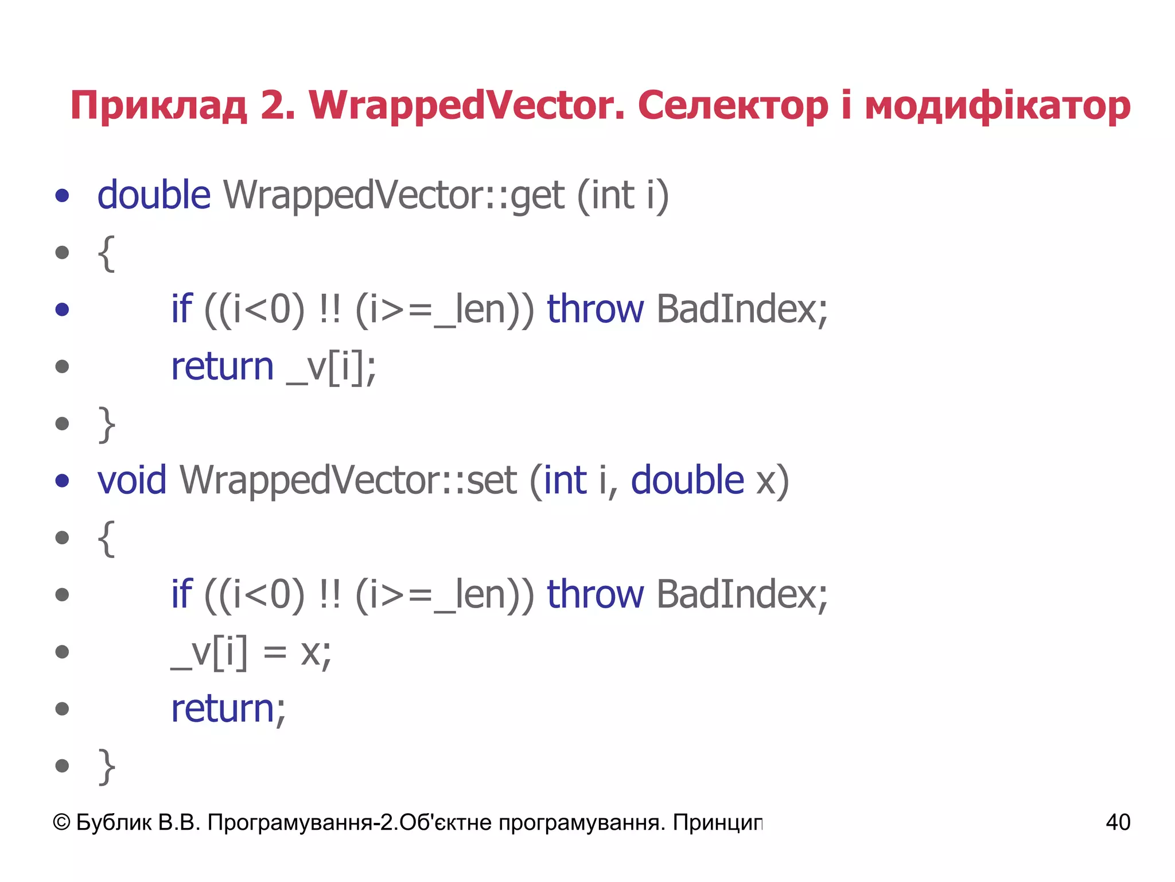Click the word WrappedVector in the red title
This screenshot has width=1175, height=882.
click(x=466, y=106)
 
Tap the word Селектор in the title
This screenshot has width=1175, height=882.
click(x=733, y=106)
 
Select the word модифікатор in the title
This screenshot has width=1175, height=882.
click(x=997, y=107)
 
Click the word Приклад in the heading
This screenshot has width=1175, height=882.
click(x=158, y=107)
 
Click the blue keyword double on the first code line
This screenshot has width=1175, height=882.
click(x=154, y=195)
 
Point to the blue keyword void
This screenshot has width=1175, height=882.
click(x=132, y=480)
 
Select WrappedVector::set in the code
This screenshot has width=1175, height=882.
click(x=348, y=480)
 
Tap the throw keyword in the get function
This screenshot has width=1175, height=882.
click(x=595, y=309)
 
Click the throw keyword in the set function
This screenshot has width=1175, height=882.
click(x=595, y=594)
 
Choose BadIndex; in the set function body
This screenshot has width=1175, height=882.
click(x=742, y=594)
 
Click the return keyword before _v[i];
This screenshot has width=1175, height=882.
click(x=223, y=366)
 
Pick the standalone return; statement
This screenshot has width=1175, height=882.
click(x=228, y=709)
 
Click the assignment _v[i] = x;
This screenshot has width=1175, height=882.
click(x=251, y=652)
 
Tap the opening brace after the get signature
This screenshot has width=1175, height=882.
click(x=107, y=253)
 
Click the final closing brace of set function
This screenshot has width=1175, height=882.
click(x=107, y=766)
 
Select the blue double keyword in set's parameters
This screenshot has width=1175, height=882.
click(x=687, y=480)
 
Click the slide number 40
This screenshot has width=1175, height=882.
click(x=1118, y=822)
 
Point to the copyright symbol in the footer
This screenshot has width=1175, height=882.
click(x=61, y=822)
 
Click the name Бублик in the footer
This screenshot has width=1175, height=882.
click(x=114, y=822)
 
